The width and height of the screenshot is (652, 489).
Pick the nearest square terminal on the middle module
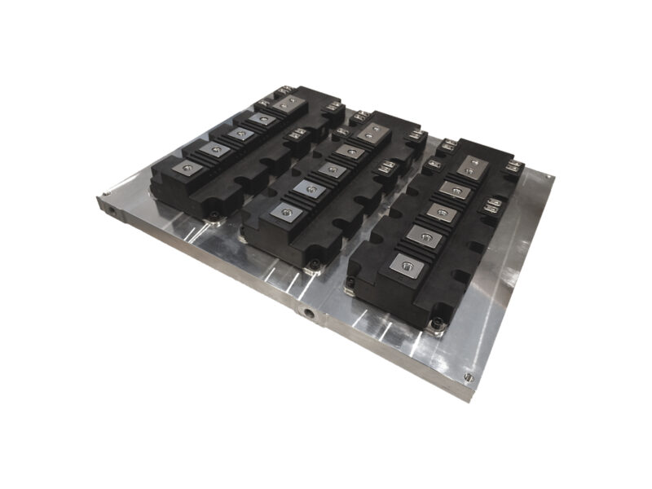pyautogui.click(x=285, y=210)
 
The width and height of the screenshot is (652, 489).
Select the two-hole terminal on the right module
pyautogui.click(x=469, y=166)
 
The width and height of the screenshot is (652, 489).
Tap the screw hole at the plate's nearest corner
pyautogui.click(x=467, y=377)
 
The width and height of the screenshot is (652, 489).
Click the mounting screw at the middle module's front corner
pyautogui.click(x=312, y=264)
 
